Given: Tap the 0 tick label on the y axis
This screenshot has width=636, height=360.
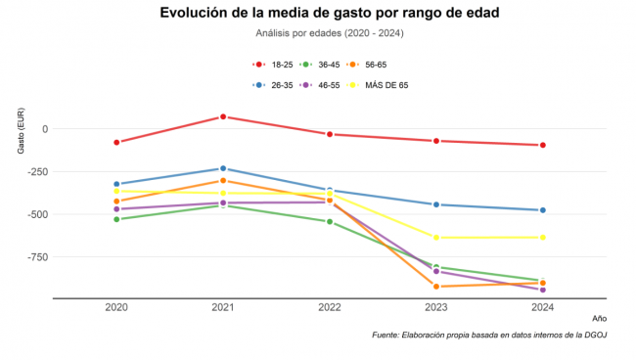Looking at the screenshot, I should click(x=44, y=128).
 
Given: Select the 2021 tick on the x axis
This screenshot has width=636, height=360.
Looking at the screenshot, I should click(x=223, y=308).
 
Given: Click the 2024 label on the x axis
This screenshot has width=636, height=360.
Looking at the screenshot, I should click(x=543, y=308).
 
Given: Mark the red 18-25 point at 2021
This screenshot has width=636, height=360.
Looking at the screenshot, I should click(x=223, y=116).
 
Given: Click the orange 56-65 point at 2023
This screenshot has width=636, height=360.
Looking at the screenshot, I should click(x=436, y=287).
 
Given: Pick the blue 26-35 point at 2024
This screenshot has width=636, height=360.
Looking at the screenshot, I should click(x=543, y=210).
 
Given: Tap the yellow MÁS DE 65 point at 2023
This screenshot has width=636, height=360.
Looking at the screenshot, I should click(x=436, y=238).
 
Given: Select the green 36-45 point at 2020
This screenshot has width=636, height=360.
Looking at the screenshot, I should click(x=116, y=219).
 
